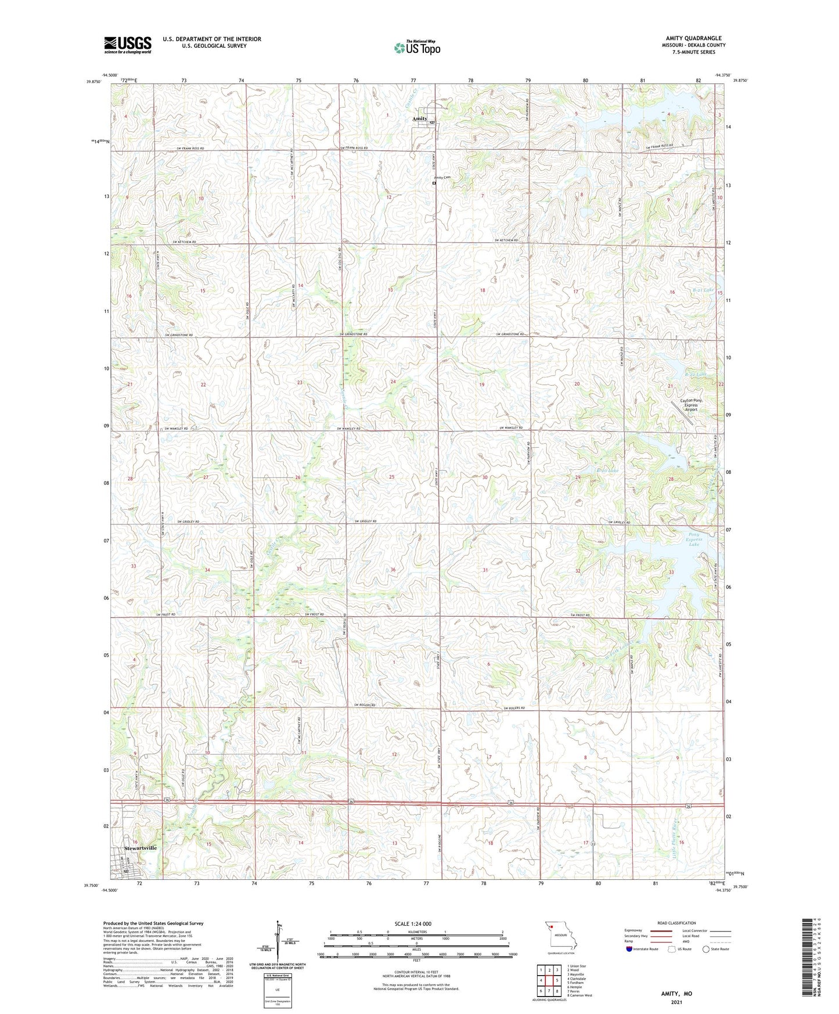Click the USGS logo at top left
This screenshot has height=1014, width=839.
point(127,45)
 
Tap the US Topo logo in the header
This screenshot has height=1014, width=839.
point(417,48)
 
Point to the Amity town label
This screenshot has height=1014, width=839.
point(420,118)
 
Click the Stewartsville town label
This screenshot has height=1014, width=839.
point(141,848)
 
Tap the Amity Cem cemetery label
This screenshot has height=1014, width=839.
point(442,178)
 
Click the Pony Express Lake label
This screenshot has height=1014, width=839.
point(694,540)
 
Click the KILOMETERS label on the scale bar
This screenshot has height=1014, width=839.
point(416,932)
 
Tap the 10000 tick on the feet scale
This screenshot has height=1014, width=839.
point(512,955)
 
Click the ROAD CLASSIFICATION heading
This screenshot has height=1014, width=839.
point(676,923)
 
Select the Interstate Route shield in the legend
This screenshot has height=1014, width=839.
point(629,949)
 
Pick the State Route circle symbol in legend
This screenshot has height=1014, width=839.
point(706,949)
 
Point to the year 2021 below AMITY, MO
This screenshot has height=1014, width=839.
point(676,1002)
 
